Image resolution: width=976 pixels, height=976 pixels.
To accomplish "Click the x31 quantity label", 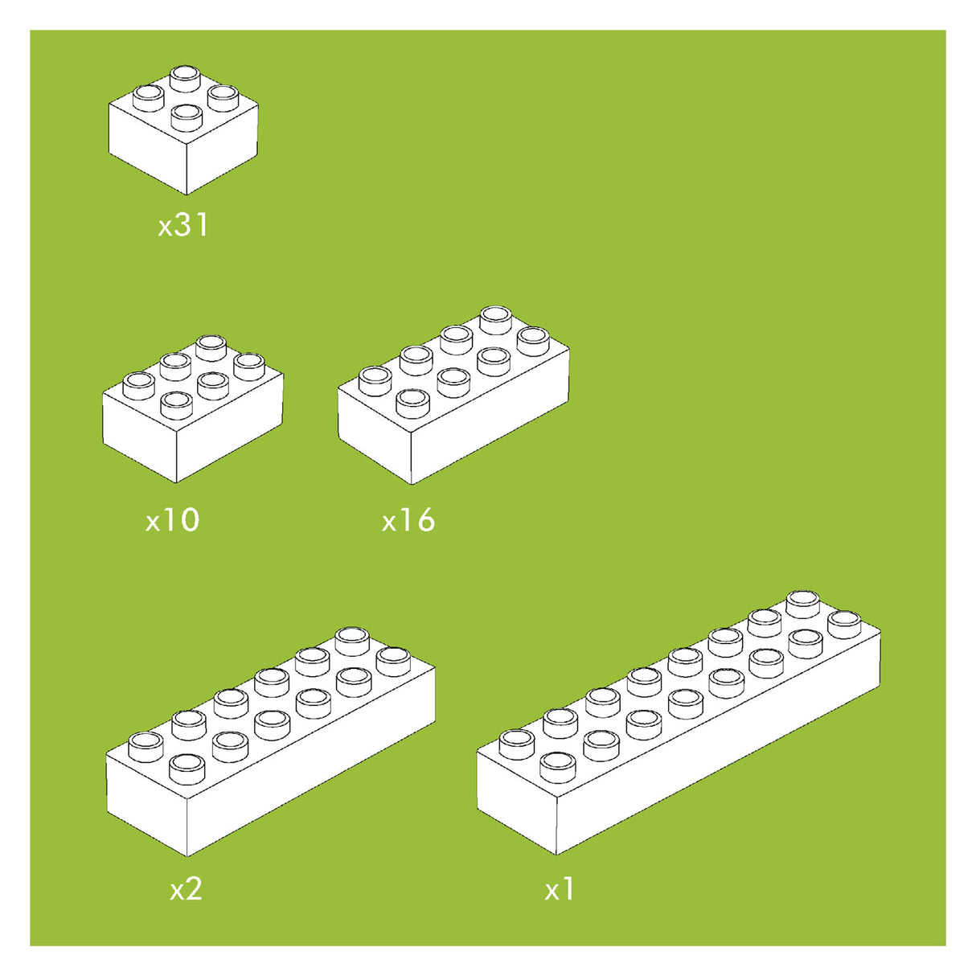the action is (182, 225).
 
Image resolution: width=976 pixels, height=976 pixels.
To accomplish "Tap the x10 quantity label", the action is (172, 520).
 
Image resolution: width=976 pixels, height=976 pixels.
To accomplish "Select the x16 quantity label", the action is (408, 520).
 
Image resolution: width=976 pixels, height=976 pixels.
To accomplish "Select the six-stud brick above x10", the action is (193, 408).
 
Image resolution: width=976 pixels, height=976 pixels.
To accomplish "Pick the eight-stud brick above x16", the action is (453, 395).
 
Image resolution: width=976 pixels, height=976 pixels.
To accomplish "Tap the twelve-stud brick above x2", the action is (270, 741).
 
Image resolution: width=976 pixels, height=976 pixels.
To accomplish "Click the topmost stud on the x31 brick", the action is (185, 79).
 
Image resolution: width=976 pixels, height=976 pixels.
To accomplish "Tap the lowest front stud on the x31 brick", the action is (187, 117).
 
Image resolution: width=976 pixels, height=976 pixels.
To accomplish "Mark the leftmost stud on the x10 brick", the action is (139, 386).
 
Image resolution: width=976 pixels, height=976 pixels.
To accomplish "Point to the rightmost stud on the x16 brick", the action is (533, 342).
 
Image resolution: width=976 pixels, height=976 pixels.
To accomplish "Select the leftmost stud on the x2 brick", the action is (146, 747).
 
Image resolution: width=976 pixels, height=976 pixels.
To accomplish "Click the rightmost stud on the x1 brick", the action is (844, 625).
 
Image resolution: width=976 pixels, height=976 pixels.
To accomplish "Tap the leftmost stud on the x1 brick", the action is (517, 744).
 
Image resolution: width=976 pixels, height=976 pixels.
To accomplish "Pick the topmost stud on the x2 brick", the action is (352, 642).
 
